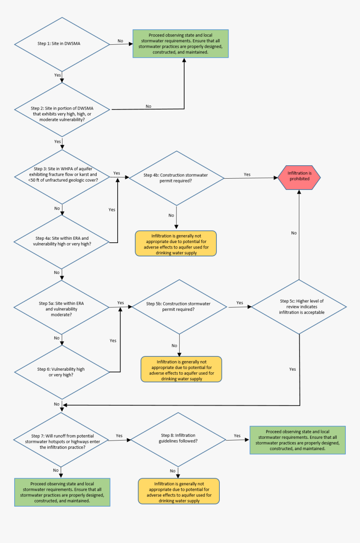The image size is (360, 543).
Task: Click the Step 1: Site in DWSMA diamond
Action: [62, 44]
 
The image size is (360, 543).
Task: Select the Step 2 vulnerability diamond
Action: [62, 110]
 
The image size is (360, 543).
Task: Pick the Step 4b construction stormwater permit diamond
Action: [177, 178]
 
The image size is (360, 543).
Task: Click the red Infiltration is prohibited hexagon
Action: [299, 176]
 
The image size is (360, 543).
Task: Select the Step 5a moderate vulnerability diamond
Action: [62, 308]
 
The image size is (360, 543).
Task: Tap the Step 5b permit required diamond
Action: [179, 307]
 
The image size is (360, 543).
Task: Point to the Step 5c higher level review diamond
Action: [299, 307]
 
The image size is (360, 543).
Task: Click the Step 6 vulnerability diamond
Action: [62, 372]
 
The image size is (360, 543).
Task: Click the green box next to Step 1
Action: [180, 44]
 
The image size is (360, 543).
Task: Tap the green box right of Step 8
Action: [297, 440]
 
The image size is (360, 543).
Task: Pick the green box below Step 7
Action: [62, 492]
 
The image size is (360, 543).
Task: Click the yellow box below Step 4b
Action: [176, 243]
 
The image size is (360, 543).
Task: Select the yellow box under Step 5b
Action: [181, 369]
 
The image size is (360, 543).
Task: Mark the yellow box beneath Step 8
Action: [179, 491]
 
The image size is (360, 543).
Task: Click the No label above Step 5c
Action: [294, 233]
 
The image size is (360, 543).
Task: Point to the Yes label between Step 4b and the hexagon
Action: [247, 174]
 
